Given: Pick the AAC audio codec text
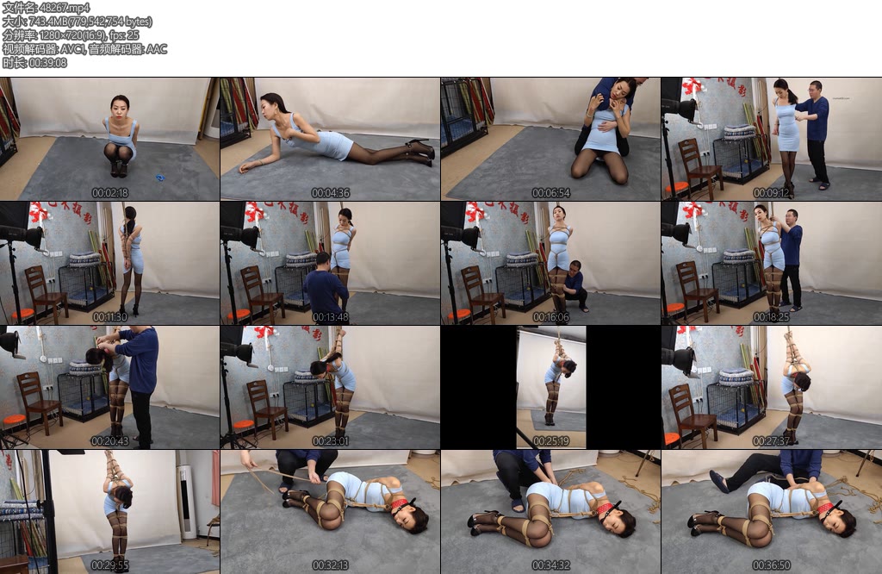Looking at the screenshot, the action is tap(157, 49).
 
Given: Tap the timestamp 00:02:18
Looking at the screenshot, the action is tap(110, 193).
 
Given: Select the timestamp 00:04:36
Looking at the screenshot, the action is tap(331, 193).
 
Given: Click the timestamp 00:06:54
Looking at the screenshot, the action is tap(551, 193).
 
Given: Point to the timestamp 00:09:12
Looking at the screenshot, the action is tap(772, 193).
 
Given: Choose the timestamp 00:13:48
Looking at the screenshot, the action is tap(331, 317).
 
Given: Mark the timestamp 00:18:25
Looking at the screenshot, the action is tap(772, 317).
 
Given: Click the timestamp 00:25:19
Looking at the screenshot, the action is tap(551, 441).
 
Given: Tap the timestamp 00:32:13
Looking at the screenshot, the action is tap(331, 565).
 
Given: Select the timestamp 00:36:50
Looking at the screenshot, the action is tap(772, 565).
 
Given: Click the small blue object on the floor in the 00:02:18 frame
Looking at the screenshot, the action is tap(160, 178).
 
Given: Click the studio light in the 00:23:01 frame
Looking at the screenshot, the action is tap(241, 352).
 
